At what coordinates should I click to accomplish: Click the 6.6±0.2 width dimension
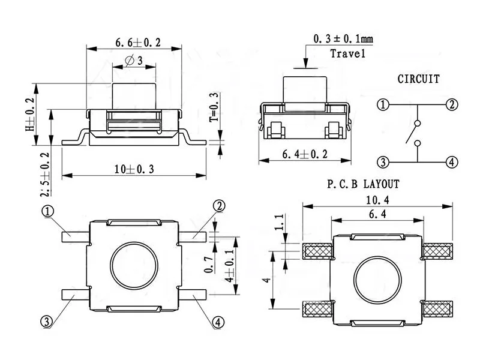tap(138, 43)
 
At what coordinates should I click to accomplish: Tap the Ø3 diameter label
tap(134, 61)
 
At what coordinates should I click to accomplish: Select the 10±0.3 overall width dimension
tap(134, 169)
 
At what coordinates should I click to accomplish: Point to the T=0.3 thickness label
tap(214, 107)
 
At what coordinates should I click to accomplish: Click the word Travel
tap(348, 53)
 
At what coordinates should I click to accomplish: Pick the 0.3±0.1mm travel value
tap(343, 39)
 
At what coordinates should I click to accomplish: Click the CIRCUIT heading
tap(418, 79)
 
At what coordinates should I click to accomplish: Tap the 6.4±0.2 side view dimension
tap(305, 154)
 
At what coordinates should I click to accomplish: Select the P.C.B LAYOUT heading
tap(364, 184)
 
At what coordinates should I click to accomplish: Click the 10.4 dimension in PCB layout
tap(377, 200)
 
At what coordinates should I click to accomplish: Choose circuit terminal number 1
tap(383, 105)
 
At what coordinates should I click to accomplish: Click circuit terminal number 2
tap(452, 105)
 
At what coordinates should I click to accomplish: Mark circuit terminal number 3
tap(383, 162)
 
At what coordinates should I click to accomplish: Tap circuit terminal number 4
tap(452, 162)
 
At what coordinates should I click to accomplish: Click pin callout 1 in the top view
tap(47, 211)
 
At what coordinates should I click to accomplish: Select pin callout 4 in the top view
tap(218, 322)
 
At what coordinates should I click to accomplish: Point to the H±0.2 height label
tap(30, 115)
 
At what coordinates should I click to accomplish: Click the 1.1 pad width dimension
tap(280, 222)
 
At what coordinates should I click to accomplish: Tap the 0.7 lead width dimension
tap(208, 265)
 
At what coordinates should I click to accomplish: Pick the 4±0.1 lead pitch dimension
tap(229, 265)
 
